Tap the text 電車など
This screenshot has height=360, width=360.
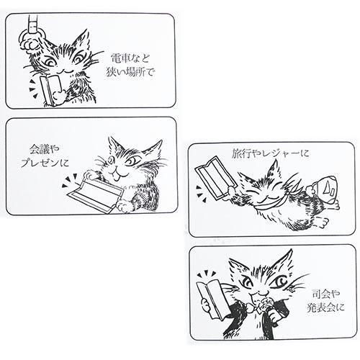pos(130,58)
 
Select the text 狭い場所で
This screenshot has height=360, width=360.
pos(130,72)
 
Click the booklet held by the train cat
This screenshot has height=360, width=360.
pos(50,90)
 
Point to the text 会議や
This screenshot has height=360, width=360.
pos(45,150)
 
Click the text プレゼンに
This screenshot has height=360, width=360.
pos(45,163)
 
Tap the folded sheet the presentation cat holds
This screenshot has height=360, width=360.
pos(96,195)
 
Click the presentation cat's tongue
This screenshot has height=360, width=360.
pos(117,177)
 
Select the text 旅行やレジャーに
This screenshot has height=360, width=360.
pos(270,153)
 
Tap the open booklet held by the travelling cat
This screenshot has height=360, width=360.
pos(216,178)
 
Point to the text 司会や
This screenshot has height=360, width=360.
pos(325,294)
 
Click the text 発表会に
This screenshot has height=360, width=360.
pos(325,307)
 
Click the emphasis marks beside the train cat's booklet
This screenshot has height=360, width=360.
pos(32,89)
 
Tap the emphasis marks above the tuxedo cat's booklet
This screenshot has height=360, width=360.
pos(206,274)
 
